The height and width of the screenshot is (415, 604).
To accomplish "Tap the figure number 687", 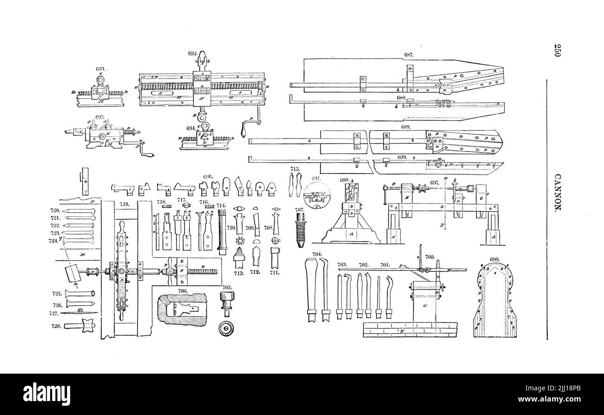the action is [x=409, y=55].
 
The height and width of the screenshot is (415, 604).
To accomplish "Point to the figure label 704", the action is [x=317, y=254].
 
